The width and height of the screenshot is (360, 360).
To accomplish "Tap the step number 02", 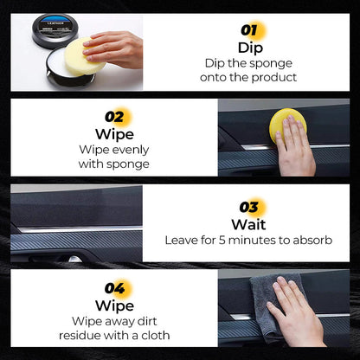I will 115,116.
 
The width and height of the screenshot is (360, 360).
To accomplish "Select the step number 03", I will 250,207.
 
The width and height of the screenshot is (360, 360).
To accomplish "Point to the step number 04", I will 115,286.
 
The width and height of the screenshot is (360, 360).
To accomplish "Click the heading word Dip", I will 250,48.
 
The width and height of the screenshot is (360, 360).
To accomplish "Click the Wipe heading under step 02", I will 115,133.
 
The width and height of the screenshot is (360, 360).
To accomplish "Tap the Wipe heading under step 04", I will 115,305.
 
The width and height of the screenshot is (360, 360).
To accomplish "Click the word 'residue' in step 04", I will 82,335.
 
